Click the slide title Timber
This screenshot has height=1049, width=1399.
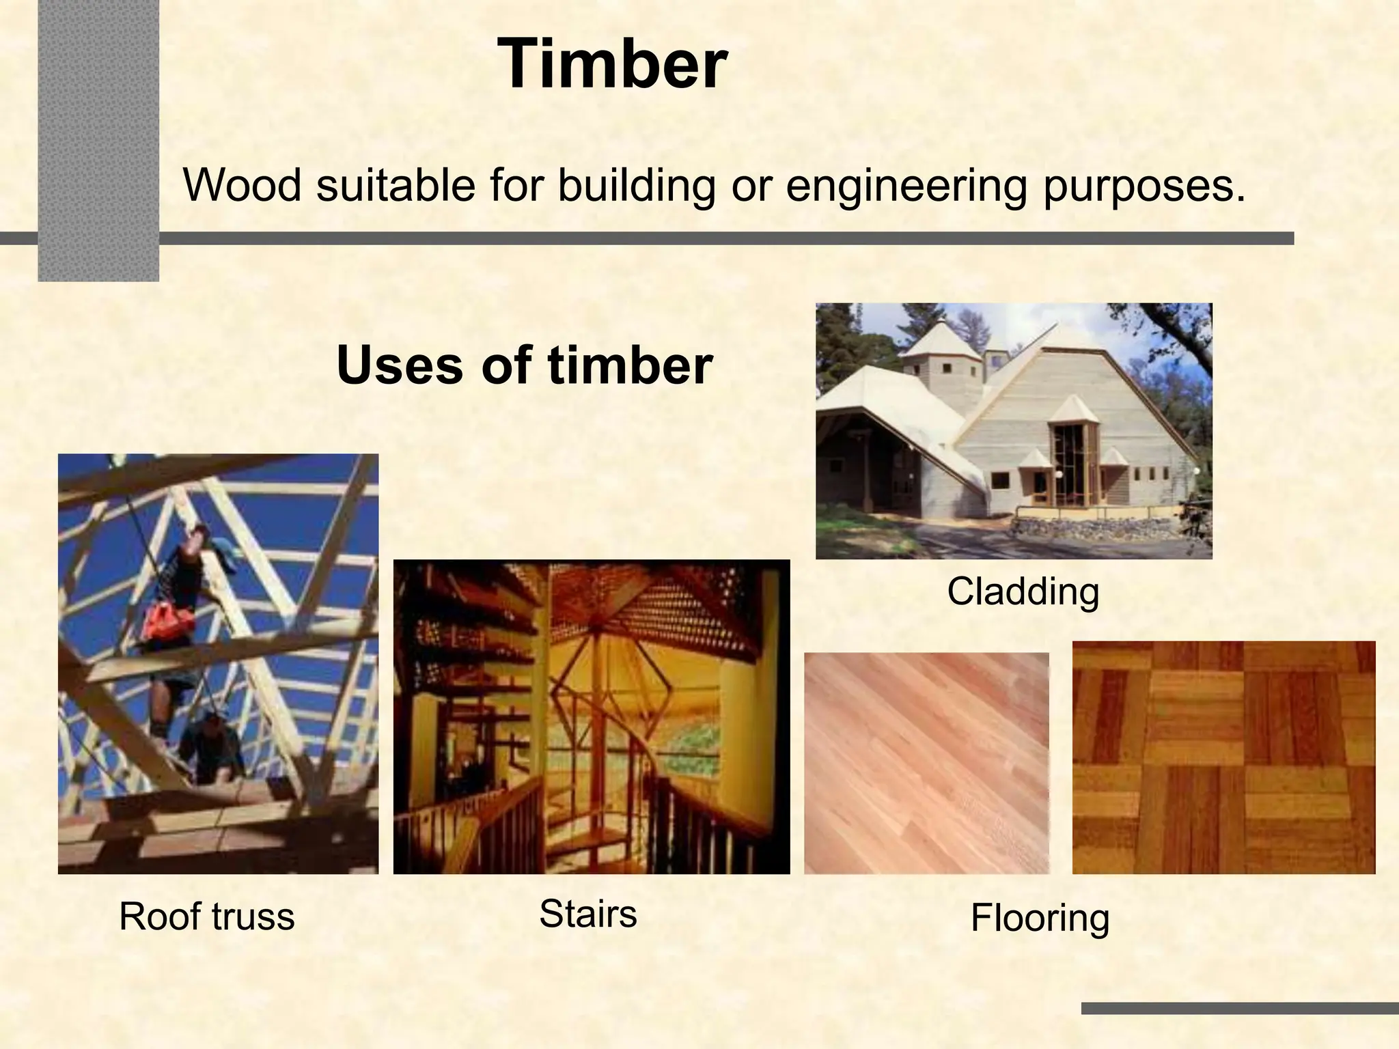[x=612, y=65]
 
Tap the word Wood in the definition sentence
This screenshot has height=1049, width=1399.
[x=242, y=186]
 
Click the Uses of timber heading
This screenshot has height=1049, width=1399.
[x=524, y=365]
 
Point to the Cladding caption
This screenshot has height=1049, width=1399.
[x=1023, y=591]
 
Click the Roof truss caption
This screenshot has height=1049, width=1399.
[x=206, y=917]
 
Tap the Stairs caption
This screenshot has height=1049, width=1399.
[x=587, y=914]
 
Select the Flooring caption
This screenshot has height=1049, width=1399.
[x=1040, y=918]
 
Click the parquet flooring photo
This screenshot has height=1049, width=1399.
[x=1223, y=757]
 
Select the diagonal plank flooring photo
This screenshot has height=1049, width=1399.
[x=926, y=763]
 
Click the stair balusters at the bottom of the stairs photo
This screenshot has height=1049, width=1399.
[x=478, y=833]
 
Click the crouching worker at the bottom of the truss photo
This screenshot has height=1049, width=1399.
[x=208, y=748]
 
